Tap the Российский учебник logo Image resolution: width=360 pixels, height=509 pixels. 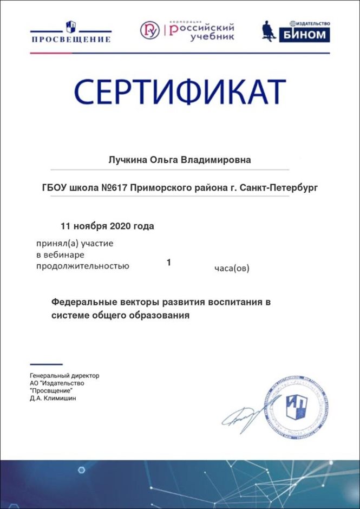coord(187,30)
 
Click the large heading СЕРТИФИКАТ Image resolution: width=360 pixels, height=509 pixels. coord(180,92)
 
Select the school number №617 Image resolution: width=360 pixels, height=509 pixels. coord(114,188)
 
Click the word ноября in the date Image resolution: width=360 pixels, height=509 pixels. coord(90,226)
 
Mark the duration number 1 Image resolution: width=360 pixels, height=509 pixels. coord(169,263)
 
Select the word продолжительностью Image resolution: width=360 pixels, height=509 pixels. coord(82,265)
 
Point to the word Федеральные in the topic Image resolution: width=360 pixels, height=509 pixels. coord(83,302)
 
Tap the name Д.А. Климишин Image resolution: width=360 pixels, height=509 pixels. coord(54,399)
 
